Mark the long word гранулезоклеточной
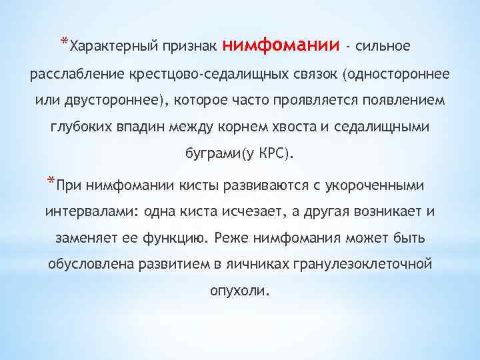click(x=357, y=265)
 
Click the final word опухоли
click(x=240, y=291)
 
